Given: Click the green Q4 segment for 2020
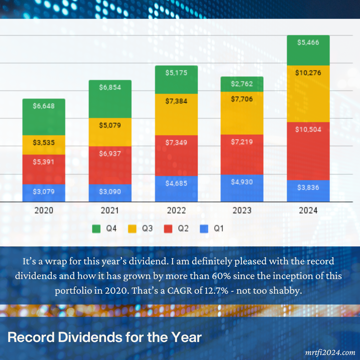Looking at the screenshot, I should click(x=44, y=117).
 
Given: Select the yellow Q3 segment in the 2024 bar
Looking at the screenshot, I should click(x=308, y=94).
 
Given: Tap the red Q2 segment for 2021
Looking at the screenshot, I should click(x=110, y=165).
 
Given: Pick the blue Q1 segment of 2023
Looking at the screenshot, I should click(x=242, y=188).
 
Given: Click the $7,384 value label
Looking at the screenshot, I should click(x=176, y=101).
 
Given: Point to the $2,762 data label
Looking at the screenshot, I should click(x=242, y=84).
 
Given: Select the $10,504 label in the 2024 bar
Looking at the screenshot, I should click(x=308, y=130).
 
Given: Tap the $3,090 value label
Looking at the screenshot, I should click(x=110, y=192).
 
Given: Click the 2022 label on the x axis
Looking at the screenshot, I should click(x=176, y=211).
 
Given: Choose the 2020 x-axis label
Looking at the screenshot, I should click(x=44, y=211).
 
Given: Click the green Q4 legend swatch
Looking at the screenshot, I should click(x=96, y=229).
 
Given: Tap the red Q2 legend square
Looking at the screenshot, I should click(x=168, y=229).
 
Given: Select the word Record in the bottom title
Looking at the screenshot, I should click(x=31, y=337).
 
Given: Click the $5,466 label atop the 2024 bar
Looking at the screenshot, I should click(x=308, y=42).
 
